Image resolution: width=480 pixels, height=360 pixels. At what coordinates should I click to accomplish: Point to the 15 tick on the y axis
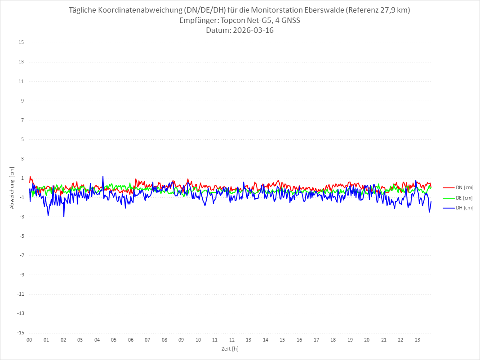(21, 43)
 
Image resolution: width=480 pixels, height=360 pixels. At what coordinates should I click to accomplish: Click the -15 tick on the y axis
(20, 333)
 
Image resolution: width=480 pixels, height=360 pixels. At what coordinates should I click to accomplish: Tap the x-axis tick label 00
(29, 340)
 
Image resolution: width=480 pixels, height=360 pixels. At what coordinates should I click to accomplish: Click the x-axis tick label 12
(232, 340)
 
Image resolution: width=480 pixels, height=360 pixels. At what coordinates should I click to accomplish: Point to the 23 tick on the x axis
(418, 340)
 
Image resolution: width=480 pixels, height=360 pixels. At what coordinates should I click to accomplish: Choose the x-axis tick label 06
(130, 340)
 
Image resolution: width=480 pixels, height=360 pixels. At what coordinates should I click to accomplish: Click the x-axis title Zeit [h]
(230, 348)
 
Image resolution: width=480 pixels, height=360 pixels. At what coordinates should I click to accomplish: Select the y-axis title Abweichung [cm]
(12, 187)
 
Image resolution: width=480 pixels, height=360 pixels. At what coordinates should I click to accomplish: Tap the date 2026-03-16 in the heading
(251, 31)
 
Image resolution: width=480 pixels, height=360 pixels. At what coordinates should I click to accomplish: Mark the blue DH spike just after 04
(103, 177)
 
